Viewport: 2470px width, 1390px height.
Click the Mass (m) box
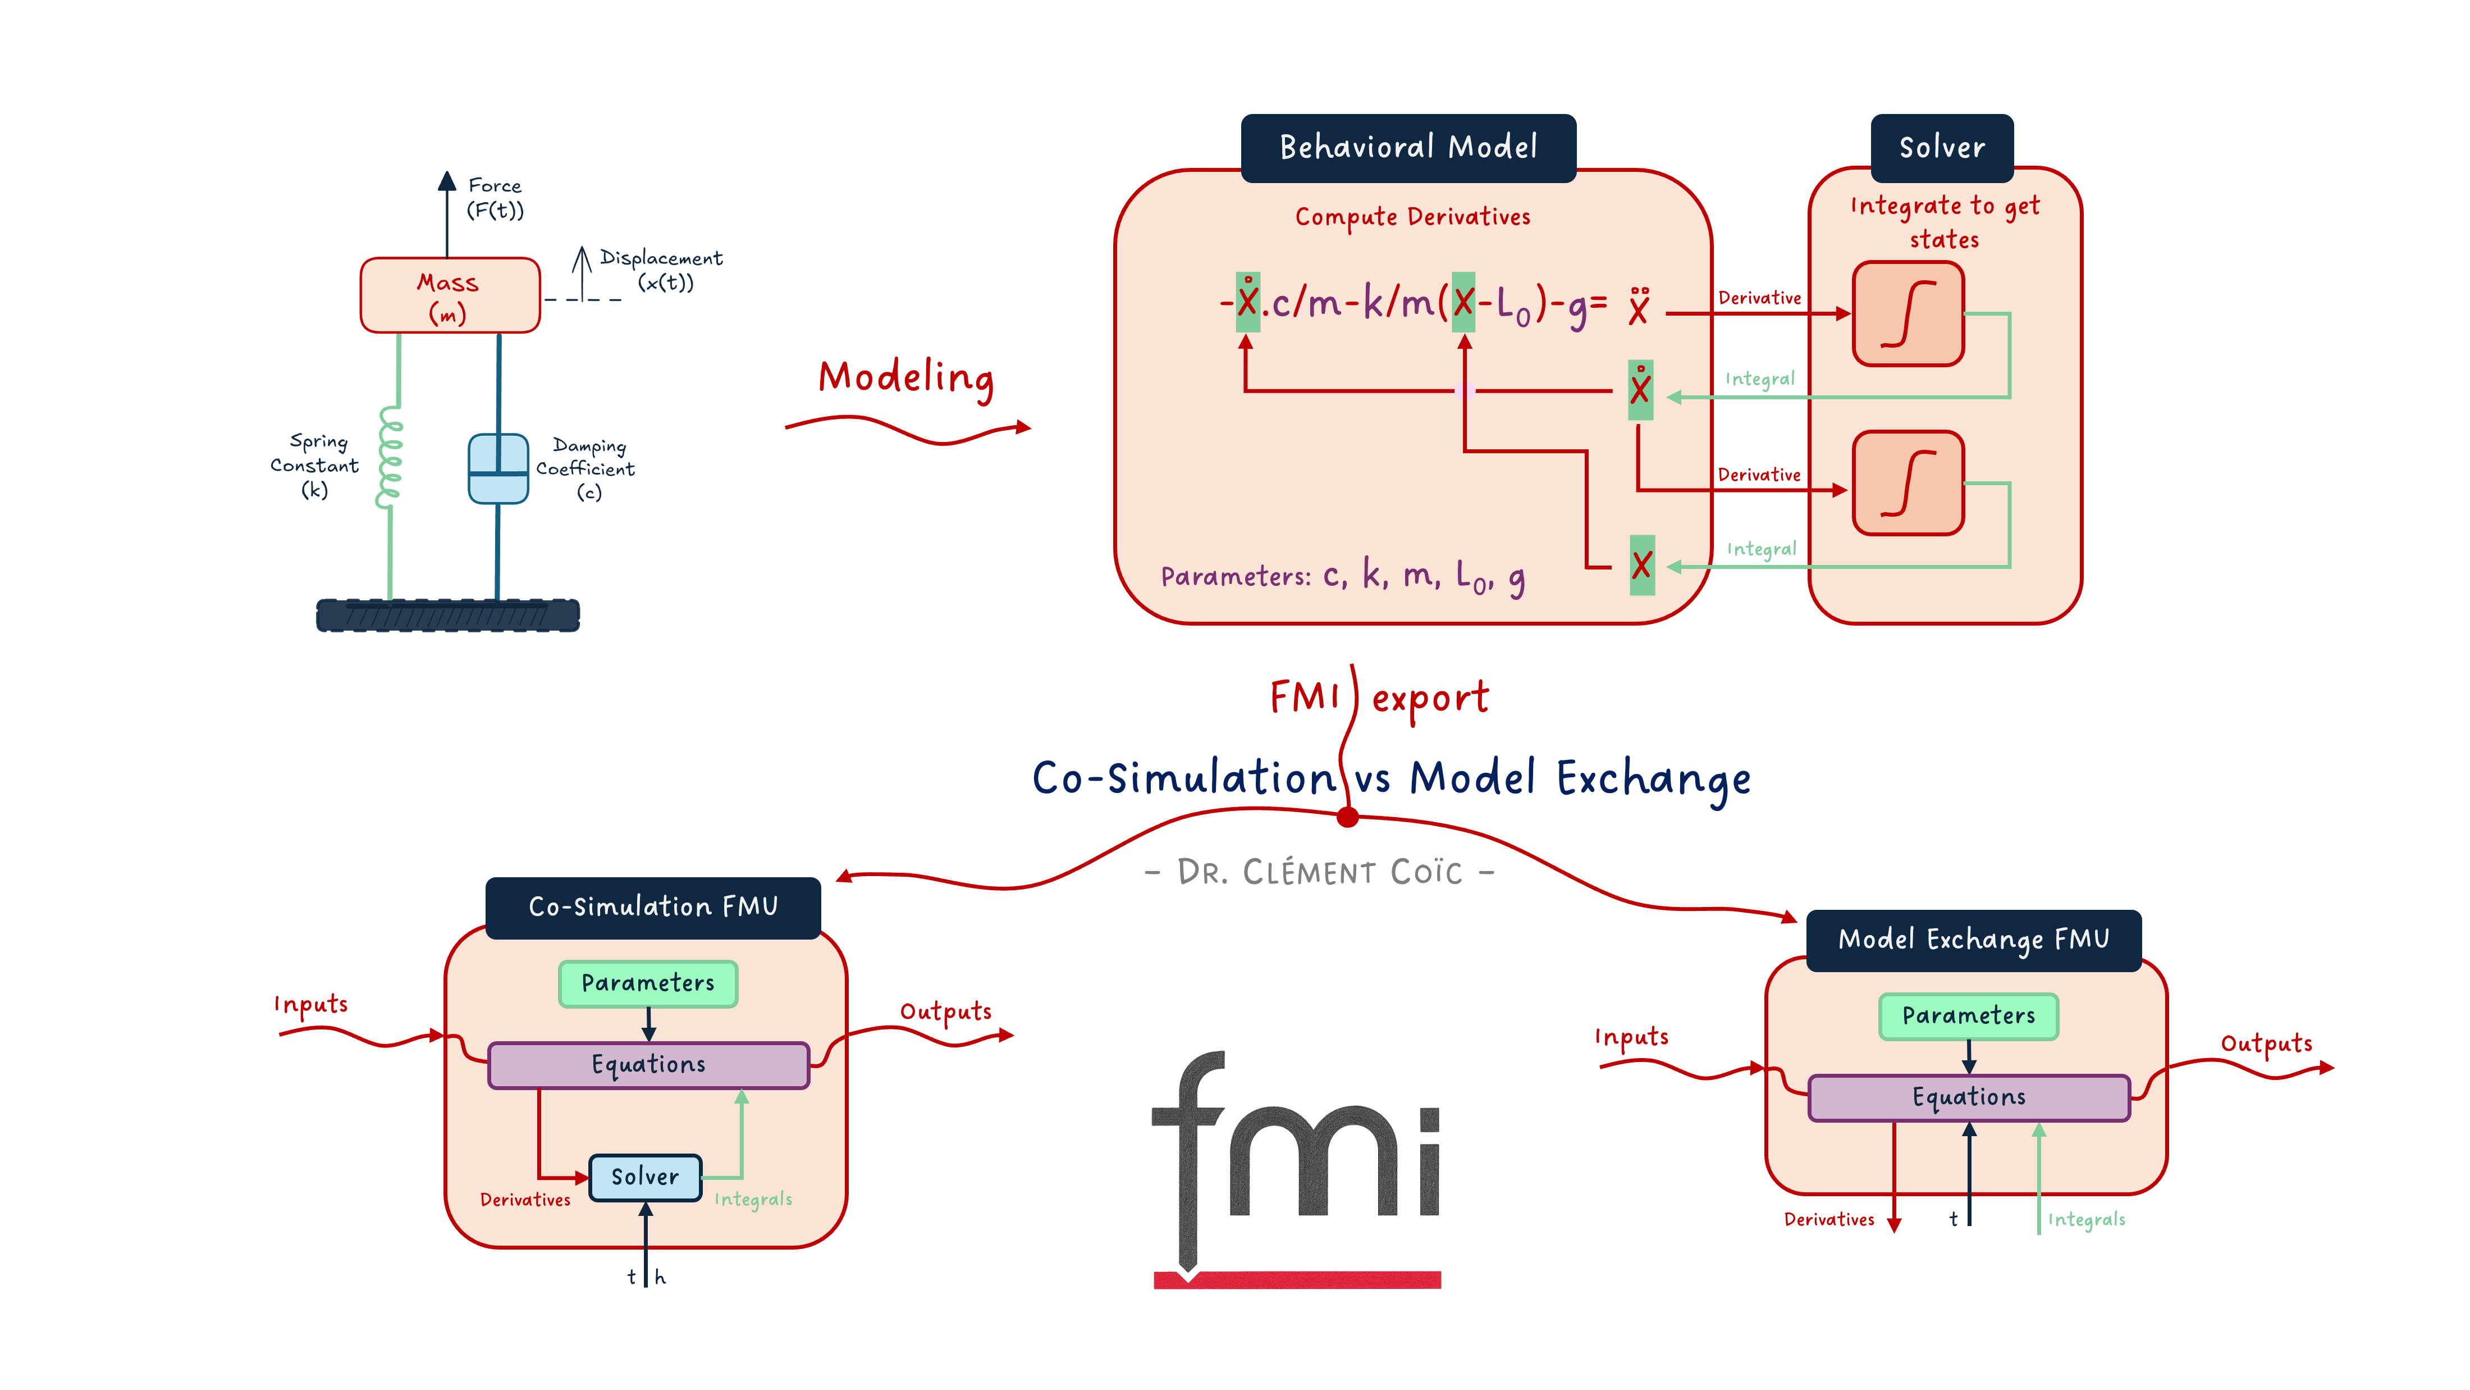(x=450, y=295)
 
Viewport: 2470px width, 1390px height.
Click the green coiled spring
(x=389, y=458)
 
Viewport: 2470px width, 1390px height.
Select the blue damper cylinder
(x=497, y=469)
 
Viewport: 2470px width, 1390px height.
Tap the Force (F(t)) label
(x=495, y=198)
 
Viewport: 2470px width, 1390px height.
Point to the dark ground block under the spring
(x=448, y=615)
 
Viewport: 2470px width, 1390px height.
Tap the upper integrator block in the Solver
(x=1908, y=315)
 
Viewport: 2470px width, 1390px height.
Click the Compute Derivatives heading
(x=1412, y=217)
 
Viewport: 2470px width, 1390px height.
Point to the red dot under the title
(x=1347, y=817)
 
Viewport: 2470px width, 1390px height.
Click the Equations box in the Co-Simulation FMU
(x=648, y=1065)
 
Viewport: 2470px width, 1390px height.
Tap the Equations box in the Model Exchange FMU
(x=1969, y=1097)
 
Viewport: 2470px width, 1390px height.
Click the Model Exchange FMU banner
(x=1973, y=940)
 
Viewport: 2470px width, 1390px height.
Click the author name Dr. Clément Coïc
(x=1319, y=872)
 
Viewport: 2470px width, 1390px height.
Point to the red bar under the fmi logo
(x=1296, y=1280)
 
